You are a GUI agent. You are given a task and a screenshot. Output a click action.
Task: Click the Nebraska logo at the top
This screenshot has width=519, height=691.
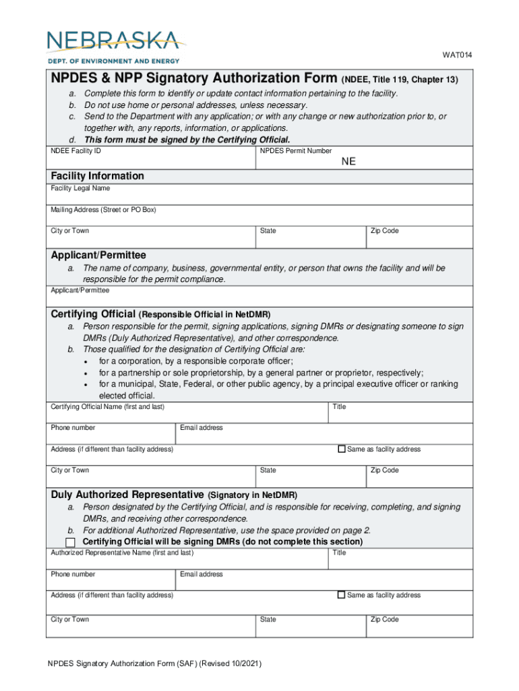coord(115,46)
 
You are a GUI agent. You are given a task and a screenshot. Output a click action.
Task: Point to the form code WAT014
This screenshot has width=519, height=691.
coord(457,55)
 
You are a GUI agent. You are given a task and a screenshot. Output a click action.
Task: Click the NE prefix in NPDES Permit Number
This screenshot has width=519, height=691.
coord(348,162)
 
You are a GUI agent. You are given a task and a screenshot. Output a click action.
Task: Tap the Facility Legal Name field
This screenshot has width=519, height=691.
coord(259,197)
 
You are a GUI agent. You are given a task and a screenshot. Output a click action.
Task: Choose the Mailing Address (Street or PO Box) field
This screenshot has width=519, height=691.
coord(259,219)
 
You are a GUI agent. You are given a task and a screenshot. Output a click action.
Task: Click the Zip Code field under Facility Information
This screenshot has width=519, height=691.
coord(419,240)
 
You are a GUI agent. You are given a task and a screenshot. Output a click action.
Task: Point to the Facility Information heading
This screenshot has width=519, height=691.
coord(98,176)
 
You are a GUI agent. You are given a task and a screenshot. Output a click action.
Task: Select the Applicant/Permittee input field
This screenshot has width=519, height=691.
coord(259,299)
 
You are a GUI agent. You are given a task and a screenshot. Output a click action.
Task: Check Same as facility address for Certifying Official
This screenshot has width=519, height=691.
coord(342,449)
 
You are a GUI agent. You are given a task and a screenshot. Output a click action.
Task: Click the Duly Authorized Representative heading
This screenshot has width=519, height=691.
coord(127,495)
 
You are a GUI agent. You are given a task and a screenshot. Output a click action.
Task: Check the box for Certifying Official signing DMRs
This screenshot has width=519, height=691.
coord(70,543)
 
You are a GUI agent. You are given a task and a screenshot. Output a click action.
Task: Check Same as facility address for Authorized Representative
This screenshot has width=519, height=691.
coord(342,595)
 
